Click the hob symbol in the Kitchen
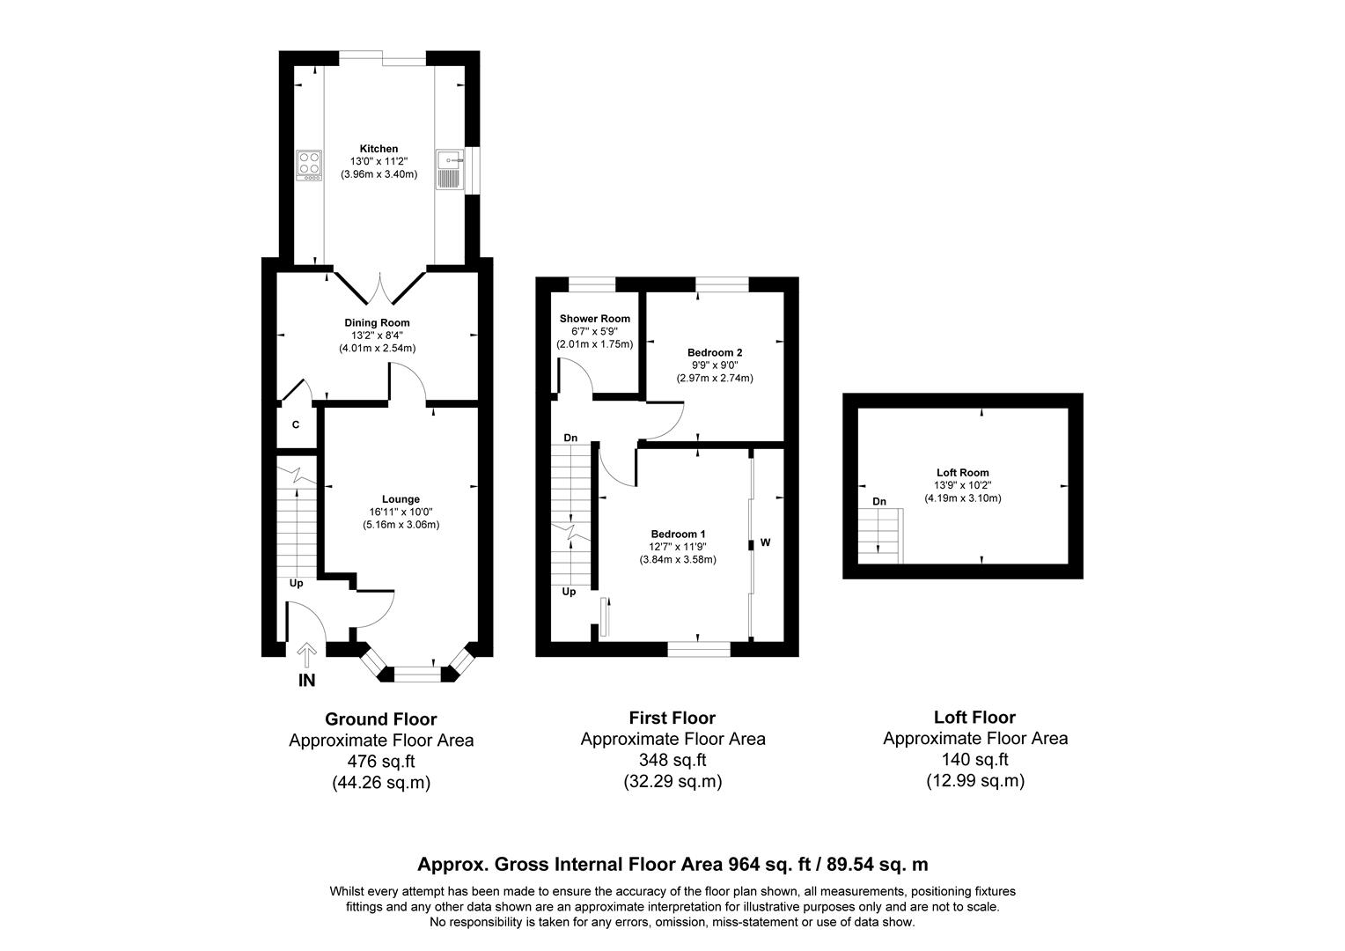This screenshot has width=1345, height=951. [x=310, y=164]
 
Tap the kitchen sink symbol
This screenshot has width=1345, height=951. [x=449, y=168]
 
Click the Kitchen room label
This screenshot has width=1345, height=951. [x=379, y=149]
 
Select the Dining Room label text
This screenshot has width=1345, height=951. [x=377, y=322]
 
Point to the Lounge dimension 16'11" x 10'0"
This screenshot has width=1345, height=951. [x=401, y=512]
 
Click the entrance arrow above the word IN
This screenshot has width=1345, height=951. [x=307, y=655]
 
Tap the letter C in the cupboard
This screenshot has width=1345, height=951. [x=296, y=424]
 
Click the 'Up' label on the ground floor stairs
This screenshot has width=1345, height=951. [x=297, y=583]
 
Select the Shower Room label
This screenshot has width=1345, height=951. [x=594, y=318]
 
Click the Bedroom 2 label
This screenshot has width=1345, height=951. [x=715, y=352]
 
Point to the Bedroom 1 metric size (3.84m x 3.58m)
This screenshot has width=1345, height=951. [x=678, y=559]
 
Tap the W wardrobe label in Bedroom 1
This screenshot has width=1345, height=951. [x=765, y=542]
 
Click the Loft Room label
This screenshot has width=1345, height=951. [x=962, y=472]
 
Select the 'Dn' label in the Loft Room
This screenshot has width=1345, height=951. [x=878, y=501]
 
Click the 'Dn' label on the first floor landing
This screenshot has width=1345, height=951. [x=570, y=438]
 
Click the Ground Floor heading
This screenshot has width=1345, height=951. [x=380, y=719]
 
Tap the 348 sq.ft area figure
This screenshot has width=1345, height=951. [x=672, y=760]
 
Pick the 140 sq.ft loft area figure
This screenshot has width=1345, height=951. [x=974, y=759]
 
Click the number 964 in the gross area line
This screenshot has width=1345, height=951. [x=745, y=864]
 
